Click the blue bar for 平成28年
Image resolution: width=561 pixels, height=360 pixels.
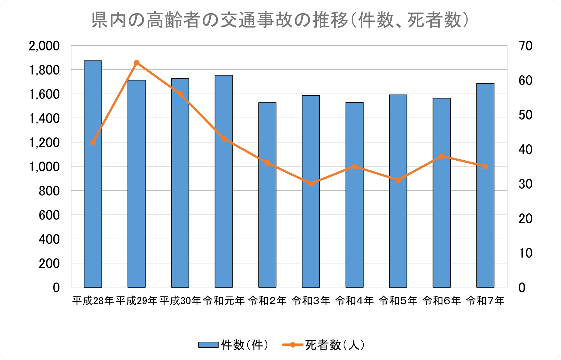[93, 196]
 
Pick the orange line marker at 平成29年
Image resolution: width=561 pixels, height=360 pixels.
[137, 63]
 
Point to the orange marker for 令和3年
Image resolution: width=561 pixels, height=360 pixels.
[311, 184]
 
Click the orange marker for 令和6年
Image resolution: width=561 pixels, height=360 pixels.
[442, 156]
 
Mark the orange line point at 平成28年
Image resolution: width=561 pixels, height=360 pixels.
[93, 142]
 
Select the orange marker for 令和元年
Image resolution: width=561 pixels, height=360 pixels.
[224, 139]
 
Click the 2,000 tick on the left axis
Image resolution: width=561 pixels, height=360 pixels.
[44, 46]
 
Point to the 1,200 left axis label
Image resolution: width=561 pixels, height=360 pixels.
[44, 143]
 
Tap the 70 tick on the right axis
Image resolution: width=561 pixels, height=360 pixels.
[525, 46]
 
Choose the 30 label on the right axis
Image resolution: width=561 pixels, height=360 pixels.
[525, 184]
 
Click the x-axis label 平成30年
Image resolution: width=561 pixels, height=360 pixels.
[180, 301]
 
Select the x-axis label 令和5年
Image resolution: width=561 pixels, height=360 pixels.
[398, 301]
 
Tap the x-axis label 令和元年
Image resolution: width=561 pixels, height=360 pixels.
[224, 301]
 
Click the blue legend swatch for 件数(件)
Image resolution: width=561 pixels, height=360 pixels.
[208, 345]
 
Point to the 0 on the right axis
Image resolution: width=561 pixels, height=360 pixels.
[522, 288]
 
